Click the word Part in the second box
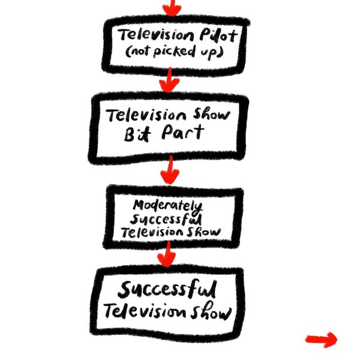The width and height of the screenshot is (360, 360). click(x=178, y=132)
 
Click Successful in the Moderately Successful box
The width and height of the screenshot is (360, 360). click(x=170, y=218)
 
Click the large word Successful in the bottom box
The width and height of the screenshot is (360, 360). click(x=166, y=291)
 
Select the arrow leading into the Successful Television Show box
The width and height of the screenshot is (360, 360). click(x=166, y=254)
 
